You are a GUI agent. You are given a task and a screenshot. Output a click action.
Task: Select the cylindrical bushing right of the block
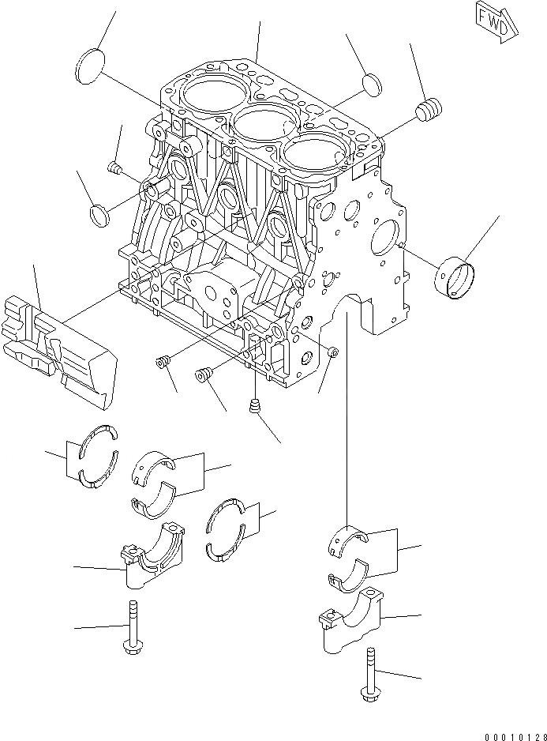456,274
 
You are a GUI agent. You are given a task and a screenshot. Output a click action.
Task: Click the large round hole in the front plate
386,236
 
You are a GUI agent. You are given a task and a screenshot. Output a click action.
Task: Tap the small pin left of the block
113,167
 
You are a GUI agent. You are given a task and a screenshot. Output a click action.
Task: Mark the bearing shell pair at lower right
348,558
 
